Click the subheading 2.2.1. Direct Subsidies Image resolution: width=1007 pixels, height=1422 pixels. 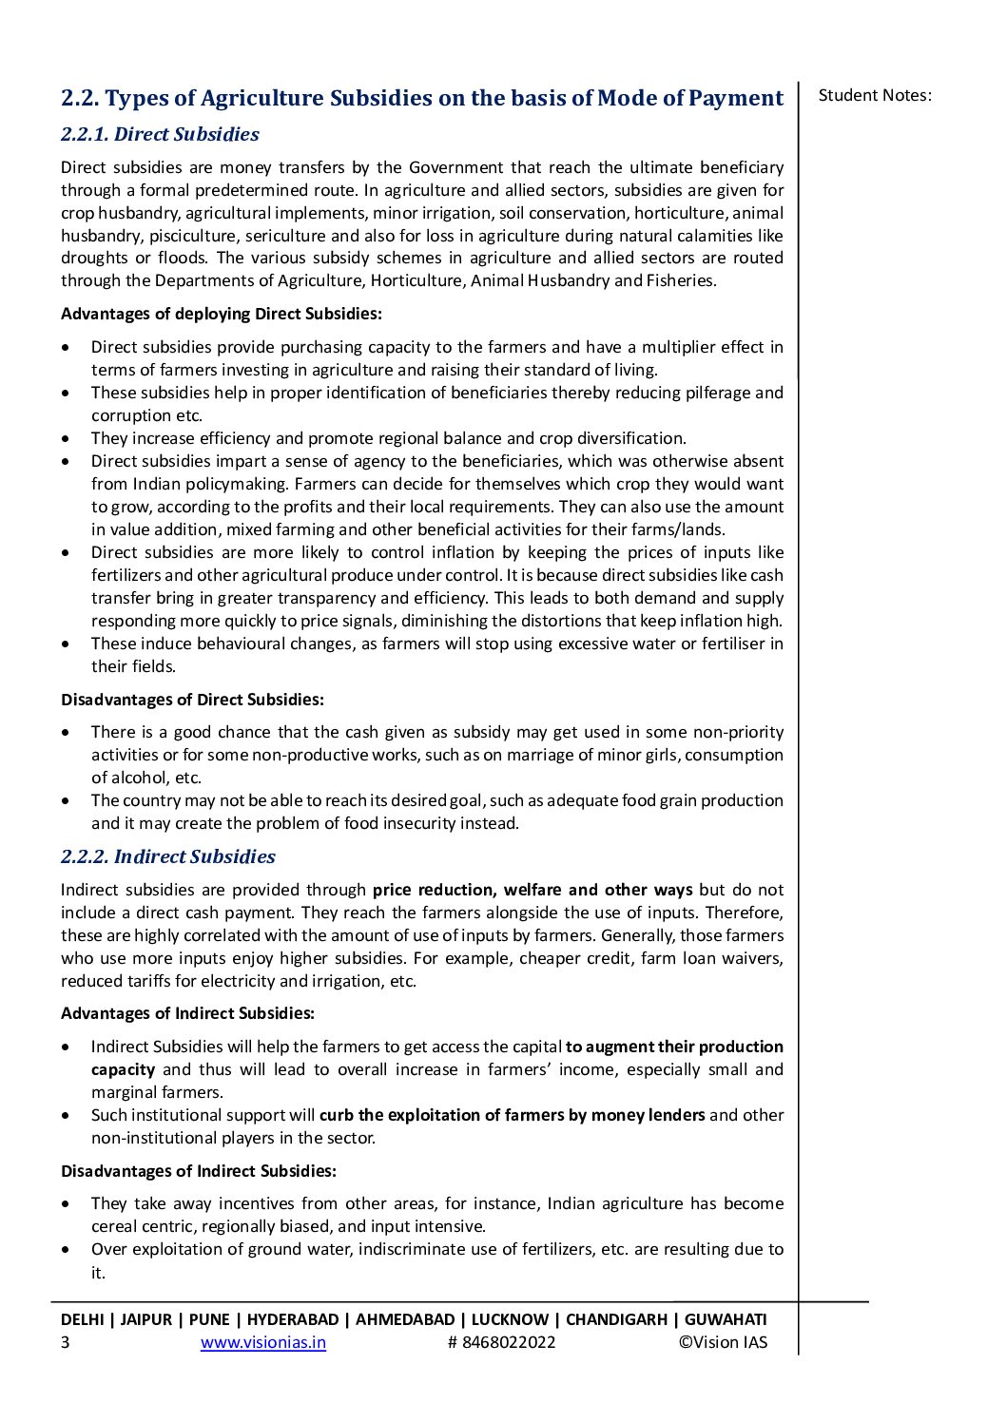(x=160, y=134)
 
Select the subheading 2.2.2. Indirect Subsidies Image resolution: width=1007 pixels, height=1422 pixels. (x=167, y=856)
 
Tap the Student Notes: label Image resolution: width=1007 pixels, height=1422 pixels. (x=874, y=95)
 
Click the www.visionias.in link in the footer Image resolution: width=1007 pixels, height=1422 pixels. (x=263, y=1342)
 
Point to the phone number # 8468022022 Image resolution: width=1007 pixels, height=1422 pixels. (x=501, y=1342)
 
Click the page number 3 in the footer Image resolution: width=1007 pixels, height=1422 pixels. (x=65, y=1342)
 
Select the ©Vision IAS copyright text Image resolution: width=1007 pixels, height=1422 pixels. (x=722, y=1342)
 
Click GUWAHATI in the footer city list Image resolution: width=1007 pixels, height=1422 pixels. (x=726, y=1319)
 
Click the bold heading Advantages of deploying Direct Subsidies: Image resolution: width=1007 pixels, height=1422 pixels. (x=222, y=314)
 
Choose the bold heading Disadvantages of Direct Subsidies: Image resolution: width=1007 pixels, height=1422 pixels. (x=192, y=700)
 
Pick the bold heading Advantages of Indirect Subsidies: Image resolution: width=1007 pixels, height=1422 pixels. (x=187, y=1013)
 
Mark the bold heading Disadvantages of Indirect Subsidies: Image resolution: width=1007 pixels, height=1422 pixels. (x=198, y=1171)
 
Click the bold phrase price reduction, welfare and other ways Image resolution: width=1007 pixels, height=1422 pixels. (x=533, y=890)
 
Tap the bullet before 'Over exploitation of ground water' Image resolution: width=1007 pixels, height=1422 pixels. (x=65, y=1250)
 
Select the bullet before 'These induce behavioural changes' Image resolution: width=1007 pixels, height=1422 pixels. (x=65, y=644)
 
